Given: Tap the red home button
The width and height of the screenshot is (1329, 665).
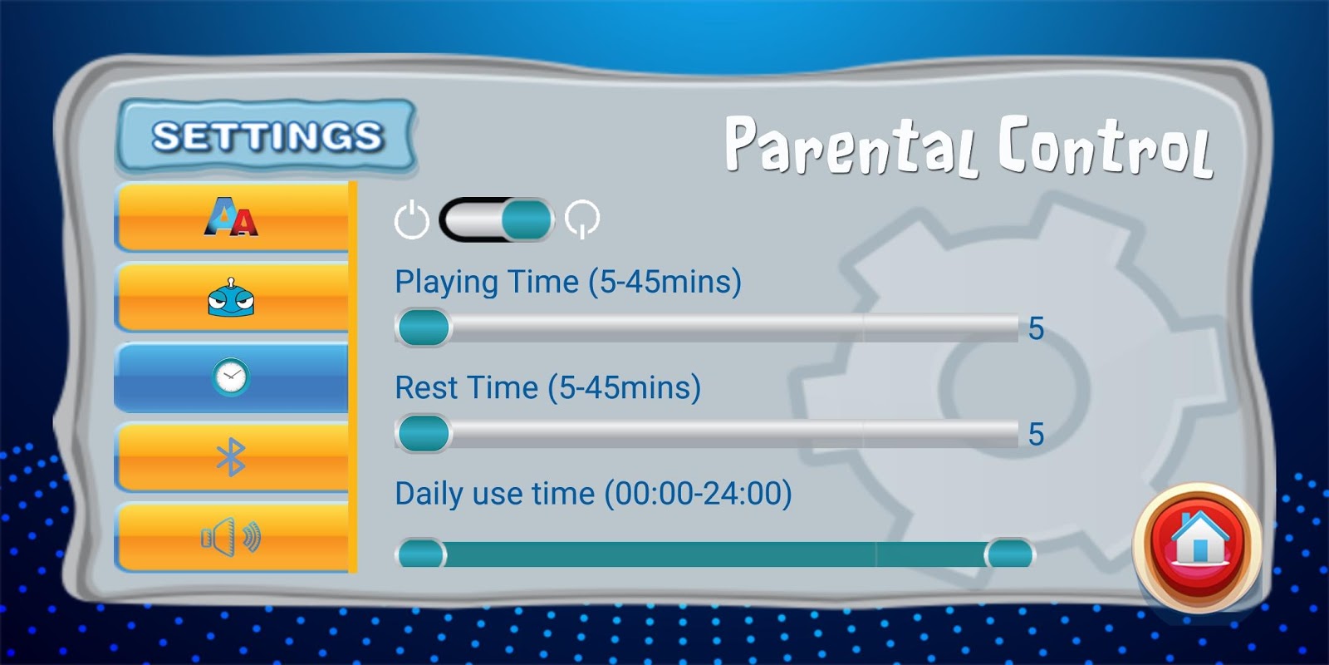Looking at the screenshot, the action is [1197, 547].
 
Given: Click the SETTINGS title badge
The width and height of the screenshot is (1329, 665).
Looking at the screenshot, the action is [266, 136].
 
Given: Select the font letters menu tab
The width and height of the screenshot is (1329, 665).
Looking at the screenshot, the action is [232, 217].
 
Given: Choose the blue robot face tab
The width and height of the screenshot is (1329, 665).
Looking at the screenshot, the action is [232, 297].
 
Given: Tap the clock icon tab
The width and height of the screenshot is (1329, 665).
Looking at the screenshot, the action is [232, 377].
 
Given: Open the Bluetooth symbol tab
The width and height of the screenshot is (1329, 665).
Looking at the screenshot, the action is [232, 457].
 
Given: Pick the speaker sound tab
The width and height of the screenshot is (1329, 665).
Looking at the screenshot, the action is [232, 537].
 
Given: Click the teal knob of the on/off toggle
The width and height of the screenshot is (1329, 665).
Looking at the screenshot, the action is [527, 219].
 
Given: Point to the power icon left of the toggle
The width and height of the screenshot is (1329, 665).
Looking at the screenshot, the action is [412, 219].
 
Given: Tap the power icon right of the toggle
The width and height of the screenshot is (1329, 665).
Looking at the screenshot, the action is [582, 219].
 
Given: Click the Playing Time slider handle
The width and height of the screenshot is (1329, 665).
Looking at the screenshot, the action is [424, 328].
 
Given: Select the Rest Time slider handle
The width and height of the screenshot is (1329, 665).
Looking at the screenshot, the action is [424, 433].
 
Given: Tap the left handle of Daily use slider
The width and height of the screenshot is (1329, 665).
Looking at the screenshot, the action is [421, 554].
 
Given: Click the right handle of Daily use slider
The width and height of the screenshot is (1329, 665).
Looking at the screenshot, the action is [1009, 554].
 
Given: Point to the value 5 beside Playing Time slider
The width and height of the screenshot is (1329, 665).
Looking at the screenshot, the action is [1036, 328].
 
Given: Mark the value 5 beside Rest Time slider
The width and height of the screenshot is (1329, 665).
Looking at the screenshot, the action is [1036, 435].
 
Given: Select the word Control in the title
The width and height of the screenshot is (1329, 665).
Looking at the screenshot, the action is [1105, 146].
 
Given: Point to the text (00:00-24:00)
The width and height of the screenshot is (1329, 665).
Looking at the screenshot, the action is [698, 494].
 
